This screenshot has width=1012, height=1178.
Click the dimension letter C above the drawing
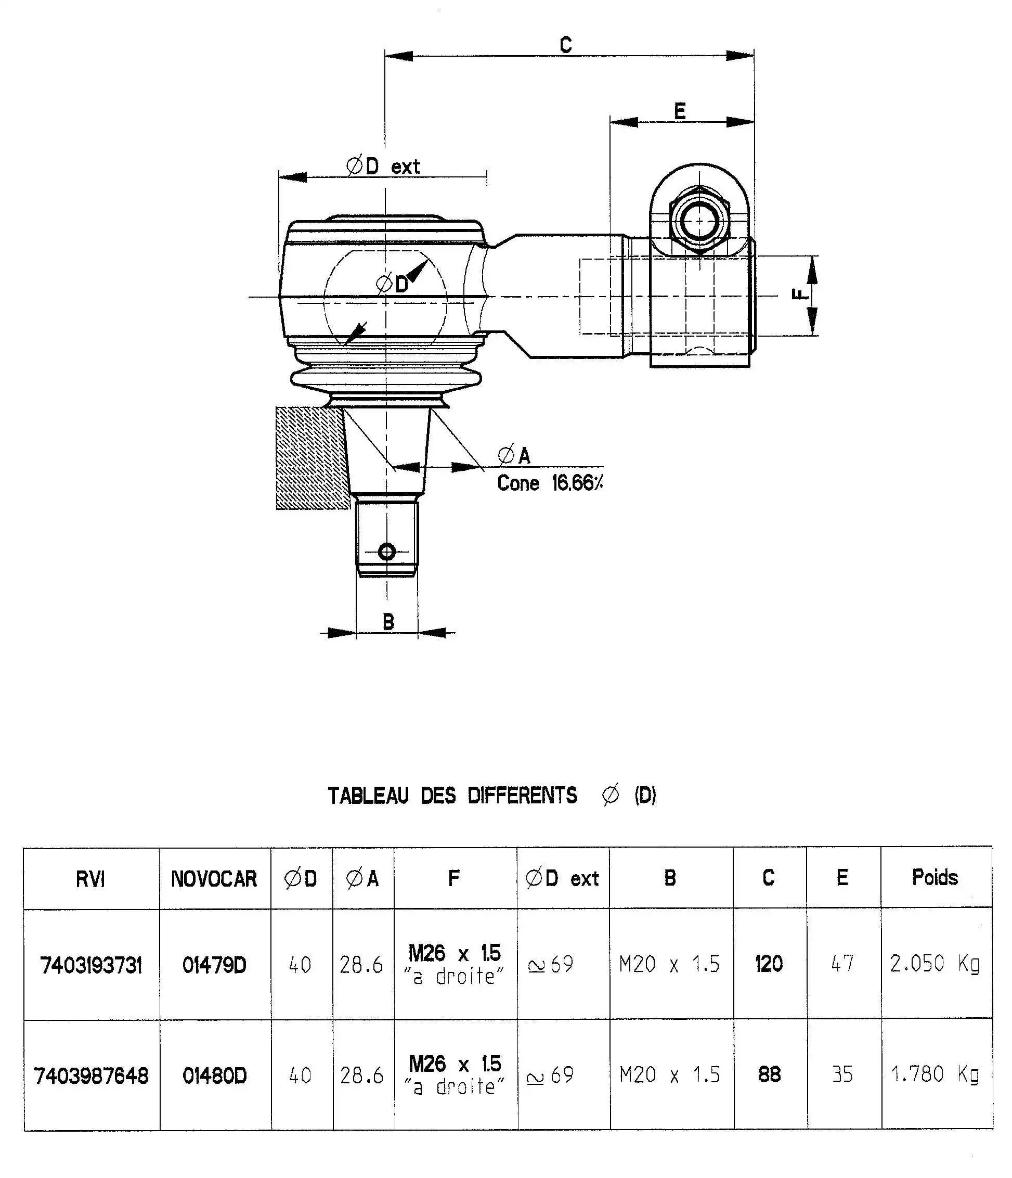(x=565, y=44)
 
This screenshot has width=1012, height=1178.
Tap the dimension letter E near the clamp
(x=680, y=111)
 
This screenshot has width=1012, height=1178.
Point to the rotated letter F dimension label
(x=798, y=294)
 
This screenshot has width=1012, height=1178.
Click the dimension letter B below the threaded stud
(x=388, y=622)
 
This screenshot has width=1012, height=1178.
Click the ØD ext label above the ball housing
(x=383, y=167)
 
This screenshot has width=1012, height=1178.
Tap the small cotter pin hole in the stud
(x=387, y=552)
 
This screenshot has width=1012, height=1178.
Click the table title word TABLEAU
(x=368, y=796)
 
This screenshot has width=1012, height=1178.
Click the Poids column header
(x=935, y=878)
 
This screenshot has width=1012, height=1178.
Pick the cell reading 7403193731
(x=91, y=965)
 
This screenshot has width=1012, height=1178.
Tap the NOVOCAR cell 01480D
(x=214, y=1075)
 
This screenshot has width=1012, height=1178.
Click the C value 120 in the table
(x=768, y=964)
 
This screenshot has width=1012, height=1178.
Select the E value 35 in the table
(x=842, y=1074)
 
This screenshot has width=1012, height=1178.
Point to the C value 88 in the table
(x=769, y=1074)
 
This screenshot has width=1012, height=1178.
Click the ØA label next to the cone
(x=514, y=455)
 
